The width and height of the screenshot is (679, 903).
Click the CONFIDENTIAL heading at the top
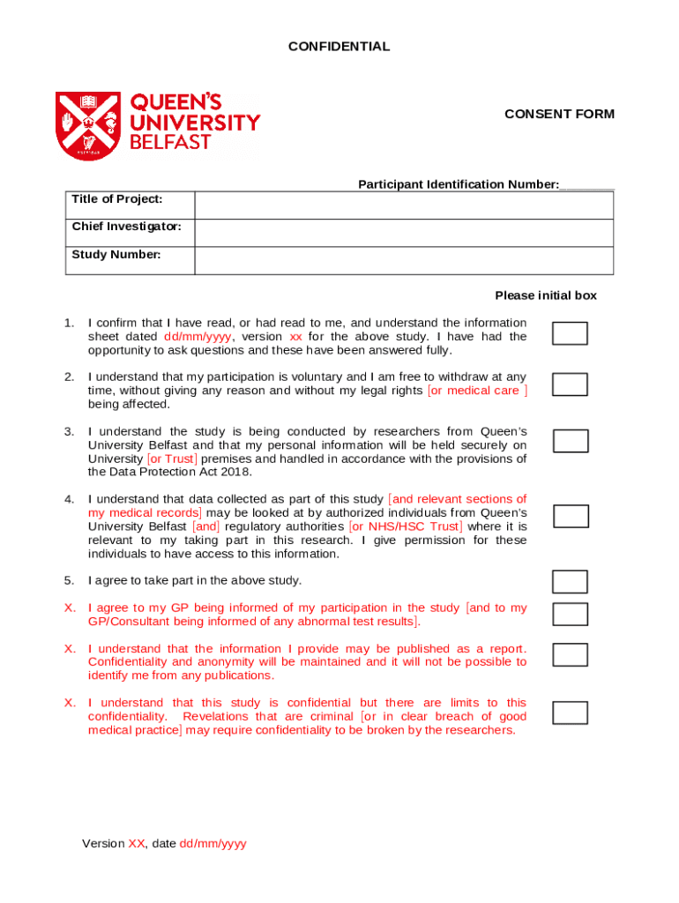339,47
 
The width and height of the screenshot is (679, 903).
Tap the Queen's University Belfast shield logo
88,126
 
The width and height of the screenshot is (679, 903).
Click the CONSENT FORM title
559,114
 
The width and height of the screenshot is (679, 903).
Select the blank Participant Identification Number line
586,185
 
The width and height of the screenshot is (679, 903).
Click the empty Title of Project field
403,205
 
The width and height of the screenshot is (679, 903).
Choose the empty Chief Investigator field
403,233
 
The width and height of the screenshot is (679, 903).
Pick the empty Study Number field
403,261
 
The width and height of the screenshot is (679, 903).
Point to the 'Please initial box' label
545,295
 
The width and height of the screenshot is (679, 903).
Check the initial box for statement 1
570,333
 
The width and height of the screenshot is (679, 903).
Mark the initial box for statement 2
570,384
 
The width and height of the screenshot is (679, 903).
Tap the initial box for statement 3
570,441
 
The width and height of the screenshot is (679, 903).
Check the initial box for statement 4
571,516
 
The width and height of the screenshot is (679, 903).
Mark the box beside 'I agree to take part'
570,582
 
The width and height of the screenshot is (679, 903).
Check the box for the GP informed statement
570,614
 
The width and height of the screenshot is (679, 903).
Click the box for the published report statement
570,654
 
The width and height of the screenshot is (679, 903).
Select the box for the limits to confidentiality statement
570,713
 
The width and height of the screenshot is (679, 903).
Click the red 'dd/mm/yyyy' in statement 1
198,337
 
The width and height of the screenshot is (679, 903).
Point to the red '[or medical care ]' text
477,391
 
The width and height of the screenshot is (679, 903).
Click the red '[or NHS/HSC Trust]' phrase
405,526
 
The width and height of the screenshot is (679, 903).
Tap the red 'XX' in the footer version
137,844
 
